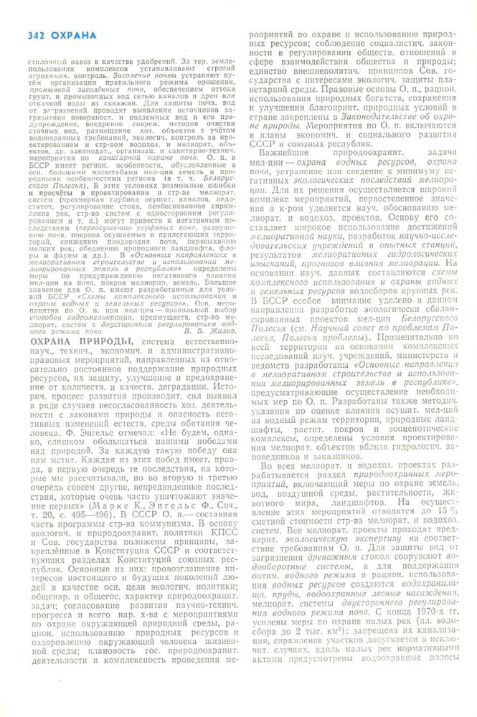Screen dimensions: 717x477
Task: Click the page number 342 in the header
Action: pyautogui.click(x=37, y=35)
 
